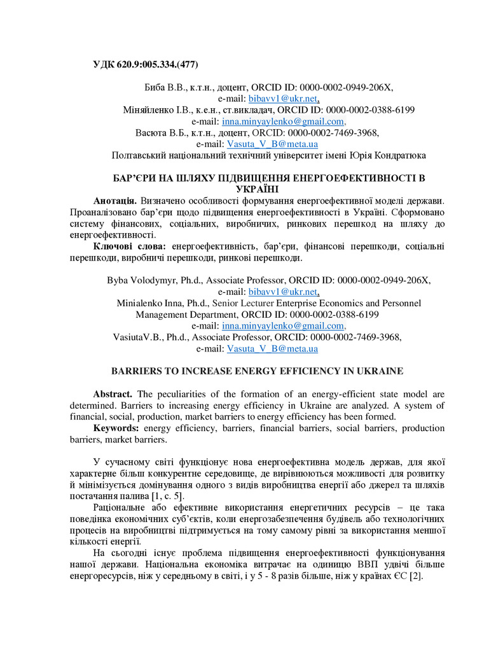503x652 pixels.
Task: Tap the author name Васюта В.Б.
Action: coord(159,133)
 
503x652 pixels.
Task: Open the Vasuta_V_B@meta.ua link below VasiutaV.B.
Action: coord(272,349)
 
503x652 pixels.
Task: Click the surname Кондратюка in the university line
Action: coord(398,155)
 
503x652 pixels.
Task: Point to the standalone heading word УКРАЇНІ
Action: coord(256,190)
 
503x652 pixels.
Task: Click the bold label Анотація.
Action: coord(114,201)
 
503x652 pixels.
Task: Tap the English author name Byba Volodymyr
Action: coord(137,280)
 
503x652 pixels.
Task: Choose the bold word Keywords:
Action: coord(116,429)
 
